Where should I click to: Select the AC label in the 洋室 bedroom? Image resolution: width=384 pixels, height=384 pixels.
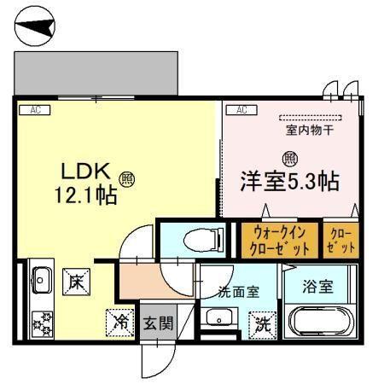(241, 109)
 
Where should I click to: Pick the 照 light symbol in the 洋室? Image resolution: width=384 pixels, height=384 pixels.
(290, 158)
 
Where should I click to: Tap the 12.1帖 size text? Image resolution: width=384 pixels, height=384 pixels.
(85, 194)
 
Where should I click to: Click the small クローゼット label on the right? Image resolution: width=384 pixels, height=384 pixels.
(340, 240)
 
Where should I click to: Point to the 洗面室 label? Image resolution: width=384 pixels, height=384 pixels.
(238, 290)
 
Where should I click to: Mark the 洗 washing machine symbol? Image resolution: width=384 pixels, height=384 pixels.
(263, 323)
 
